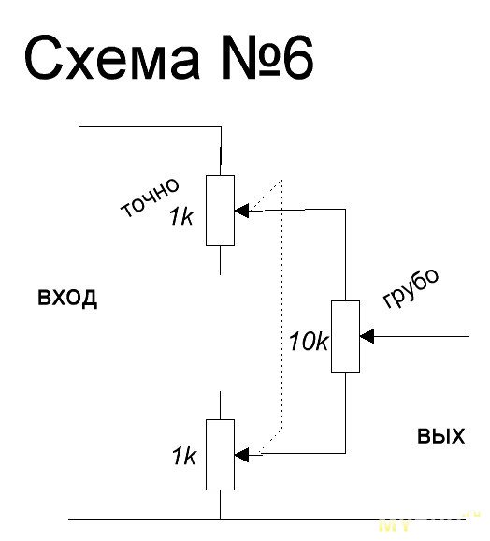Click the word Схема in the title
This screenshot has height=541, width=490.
click(112, 57)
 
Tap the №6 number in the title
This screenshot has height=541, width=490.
click(267, 57)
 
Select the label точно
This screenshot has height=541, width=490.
click(150, 198)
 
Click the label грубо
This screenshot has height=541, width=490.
click(411, 287)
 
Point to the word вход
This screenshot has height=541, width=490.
click(67, 297)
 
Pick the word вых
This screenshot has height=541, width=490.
click(440, 436)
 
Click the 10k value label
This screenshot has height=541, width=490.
click(309, 342)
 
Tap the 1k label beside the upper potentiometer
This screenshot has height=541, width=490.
click(180, 217)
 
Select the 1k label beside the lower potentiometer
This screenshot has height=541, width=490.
click(183, 456)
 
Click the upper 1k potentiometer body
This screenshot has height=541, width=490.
click(220, 211)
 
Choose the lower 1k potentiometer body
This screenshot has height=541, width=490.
click(220, 455)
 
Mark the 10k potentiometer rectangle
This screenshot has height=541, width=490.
click(345, 336)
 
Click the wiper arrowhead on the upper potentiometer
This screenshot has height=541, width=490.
click(241, 211)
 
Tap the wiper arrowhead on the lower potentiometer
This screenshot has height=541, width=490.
click(241, 455)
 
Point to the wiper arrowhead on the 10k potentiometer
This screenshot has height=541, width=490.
click(367, 336)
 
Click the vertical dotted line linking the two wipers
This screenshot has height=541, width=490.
click(282, 304)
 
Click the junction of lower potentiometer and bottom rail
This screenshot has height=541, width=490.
click(220, 519)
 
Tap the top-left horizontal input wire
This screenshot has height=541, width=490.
click(151, 127)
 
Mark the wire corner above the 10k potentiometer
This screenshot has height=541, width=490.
click(345, 209)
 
